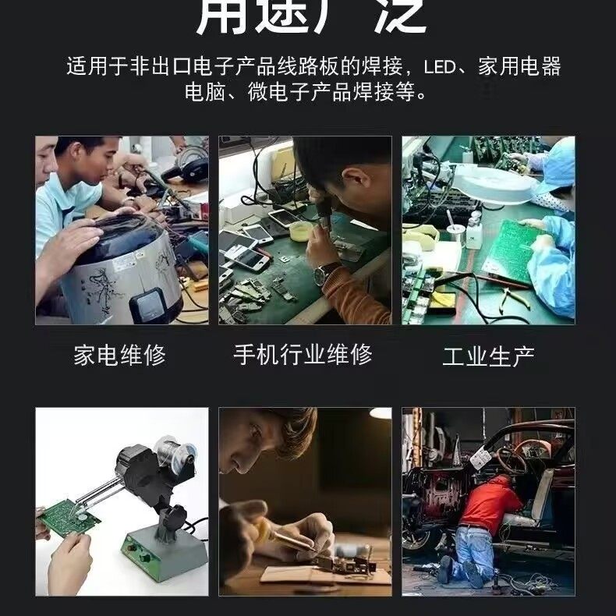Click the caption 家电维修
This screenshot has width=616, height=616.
pyautogui.click(x=119, y=356)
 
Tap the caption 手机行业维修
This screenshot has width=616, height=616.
pyautogui.click(x=303, y=354)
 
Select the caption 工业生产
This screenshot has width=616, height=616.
pyautogui.click(x=488, y=356)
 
